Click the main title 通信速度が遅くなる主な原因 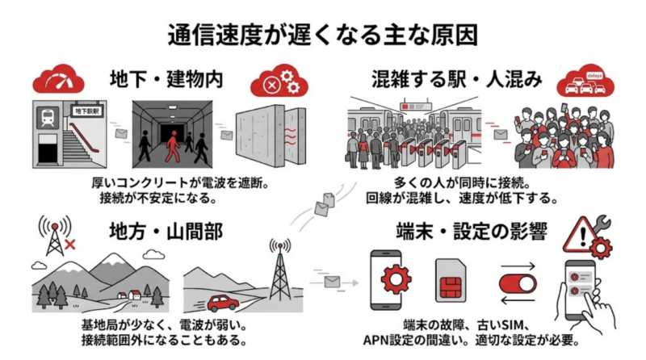click(323, 34)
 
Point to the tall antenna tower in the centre click(279, 274)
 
